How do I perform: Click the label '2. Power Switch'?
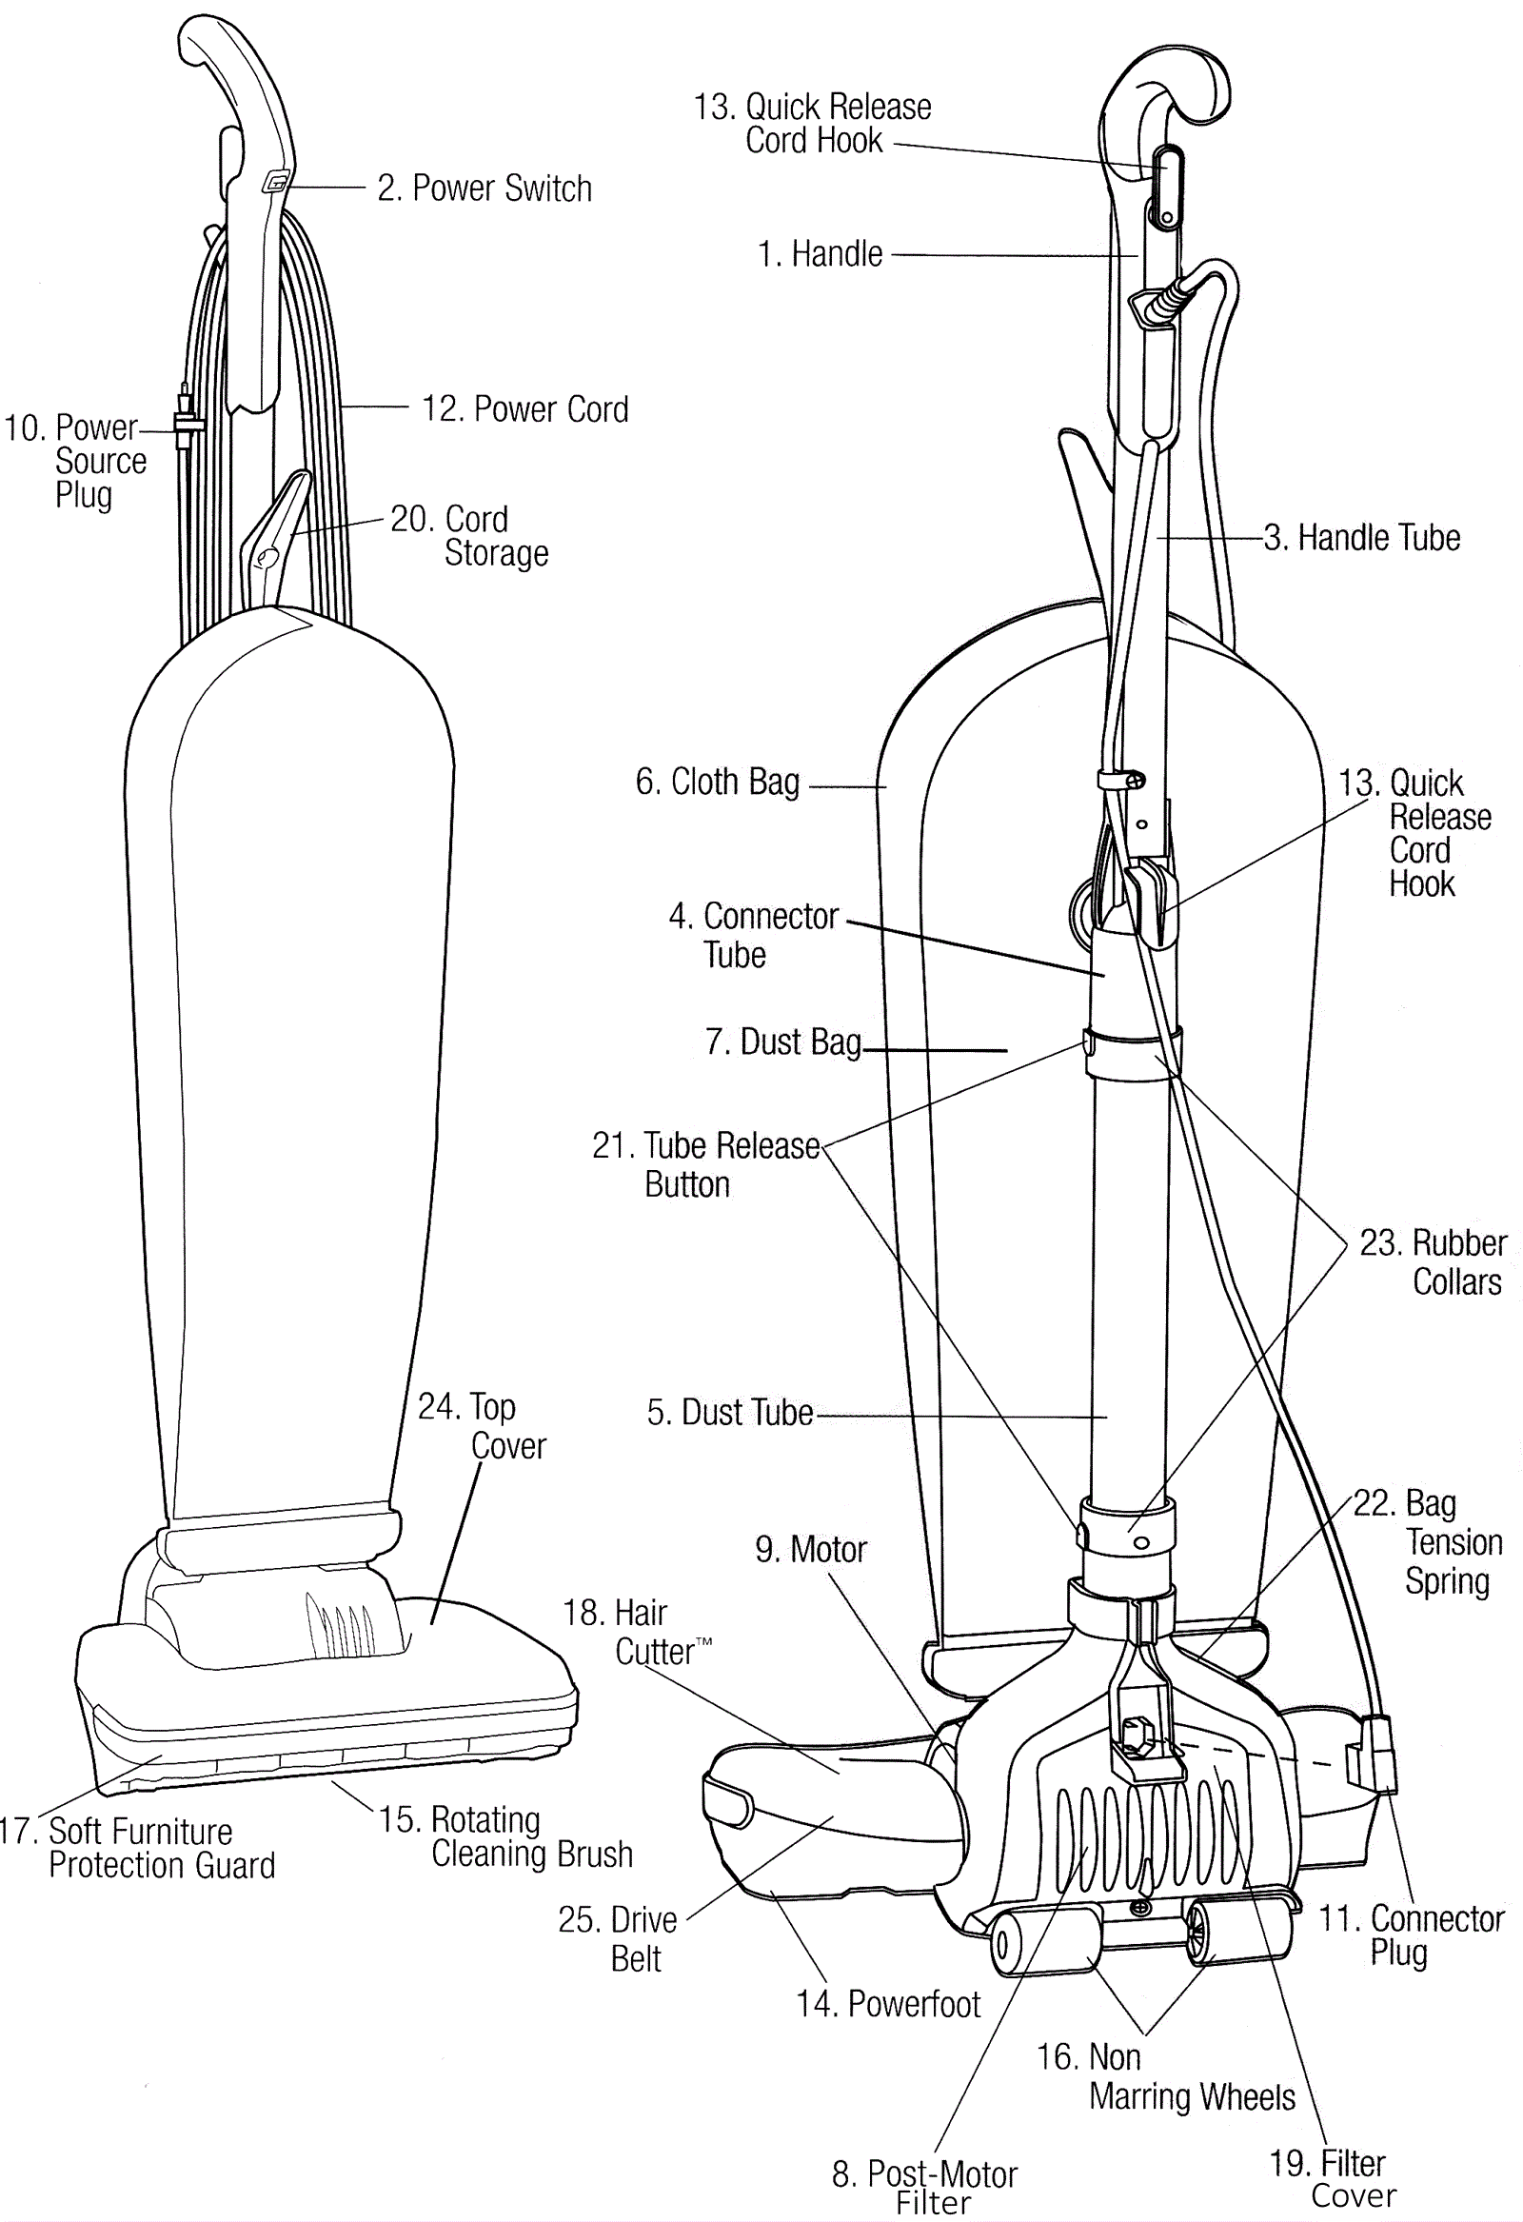coord(485,188)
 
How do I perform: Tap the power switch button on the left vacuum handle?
coord(275,182)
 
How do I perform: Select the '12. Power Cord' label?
coord(524,409)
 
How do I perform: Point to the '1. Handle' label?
coord(820,254)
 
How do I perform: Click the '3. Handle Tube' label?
coord(1362,537)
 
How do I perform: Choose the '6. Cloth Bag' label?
coord(717,783)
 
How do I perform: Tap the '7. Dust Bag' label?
coord(783,1042)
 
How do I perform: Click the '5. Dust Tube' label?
coord(729,1412)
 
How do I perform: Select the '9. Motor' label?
coord(811,1549)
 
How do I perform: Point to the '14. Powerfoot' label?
coord(888,2003)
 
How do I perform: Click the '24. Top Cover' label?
coord(482,1425)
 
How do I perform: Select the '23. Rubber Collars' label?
coord(1434,1262)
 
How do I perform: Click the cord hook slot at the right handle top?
coord(1167,188)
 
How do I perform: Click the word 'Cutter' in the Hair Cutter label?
coord(654,1651)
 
